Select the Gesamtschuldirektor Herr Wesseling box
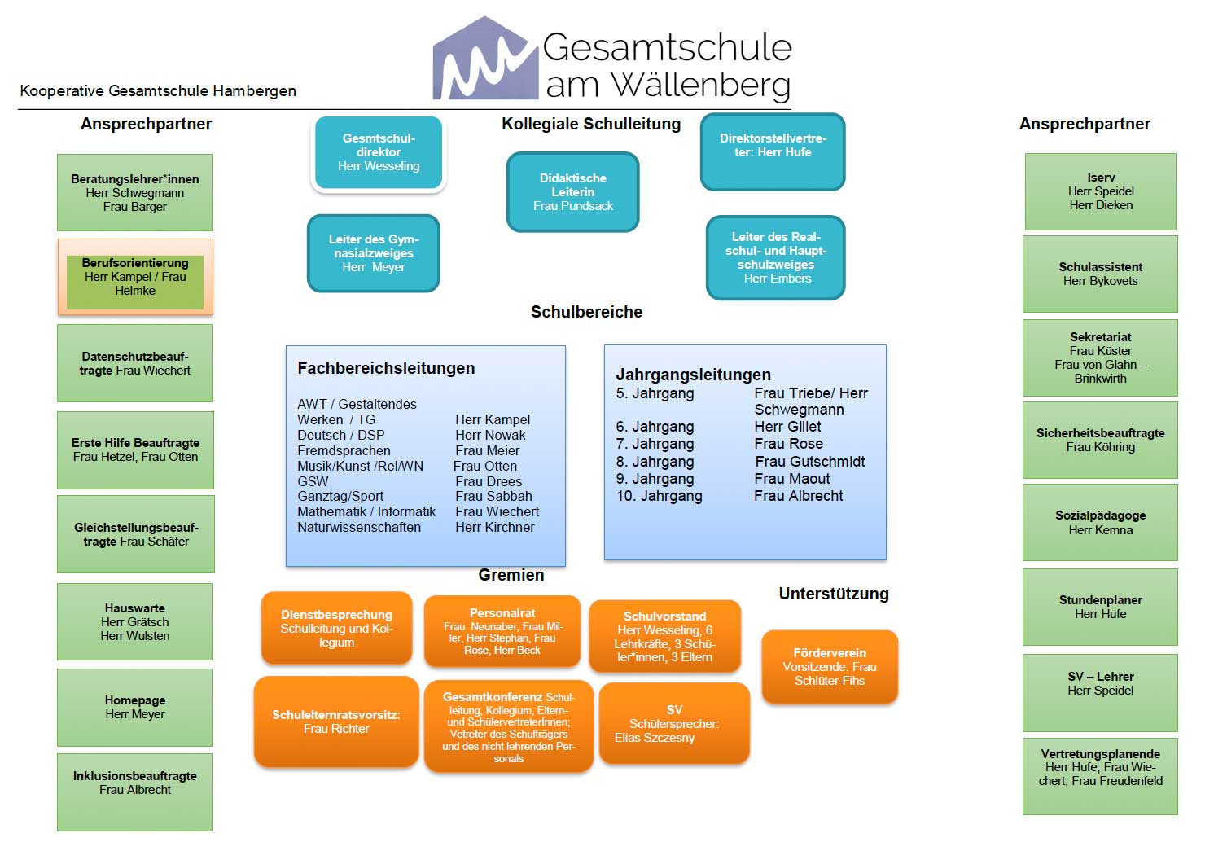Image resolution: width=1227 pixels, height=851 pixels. point(379,153)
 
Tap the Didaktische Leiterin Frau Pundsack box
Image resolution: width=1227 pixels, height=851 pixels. point(573,192)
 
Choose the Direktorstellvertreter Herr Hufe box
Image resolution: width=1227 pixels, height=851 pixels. point(773,151)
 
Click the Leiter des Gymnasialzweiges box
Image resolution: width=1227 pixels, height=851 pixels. point(374,253)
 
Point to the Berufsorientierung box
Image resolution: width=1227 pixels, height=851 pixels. point(135,277)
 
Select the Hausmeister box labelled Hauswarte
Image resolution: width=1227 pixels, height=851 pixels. point(135,622)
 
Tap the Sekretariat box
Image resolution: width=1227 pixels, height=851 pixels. point(1100,358)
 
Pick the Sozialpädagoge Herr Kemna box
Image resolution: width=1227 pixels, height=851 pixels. point(1100,523)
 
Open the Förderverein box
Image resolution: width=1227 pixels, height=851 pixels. point(830,667)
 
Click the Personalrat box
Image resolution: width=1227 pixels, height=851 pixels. point(502,632)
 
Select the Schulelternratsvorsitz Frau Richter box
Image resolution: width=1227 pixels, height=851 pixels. point(336,722)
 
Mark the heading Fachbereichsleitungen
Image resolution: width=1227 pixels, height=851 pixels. point(386,368)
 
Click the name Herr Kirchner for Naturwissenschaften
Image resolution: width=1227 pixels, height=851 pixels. point(495,528)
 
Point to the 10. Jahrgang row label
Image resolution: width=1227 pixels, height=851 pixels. point(660,496)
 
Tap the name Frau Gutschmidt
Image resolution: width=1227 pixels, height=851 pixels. point(810,462)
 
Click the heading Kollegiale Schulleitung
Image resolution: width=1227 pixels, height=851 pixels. point(591,124)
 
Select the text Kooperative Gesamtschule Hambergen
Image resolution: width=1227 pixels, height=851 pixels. point(158,91)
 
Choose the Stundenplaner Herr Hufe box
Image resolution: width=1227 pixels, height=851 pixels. point(1100,608)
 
